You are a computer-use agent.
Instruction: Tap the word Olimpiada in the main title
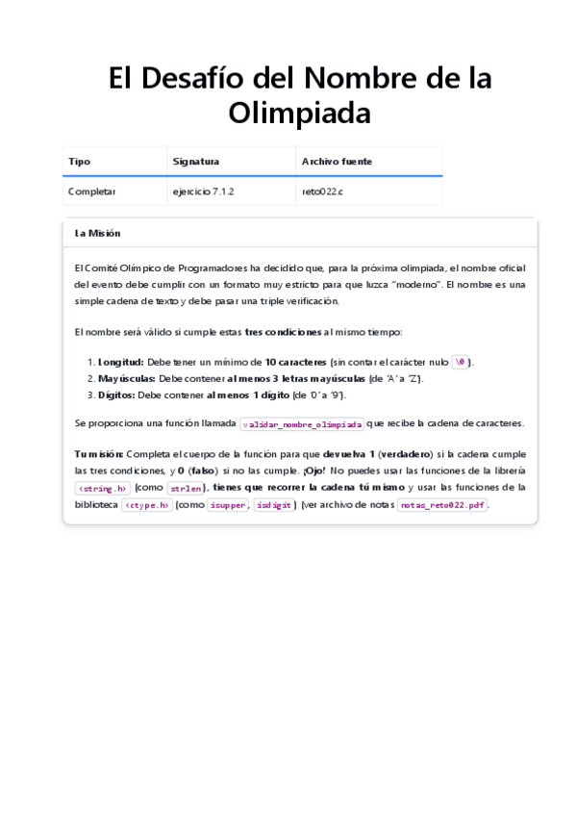click(x=299, y=113)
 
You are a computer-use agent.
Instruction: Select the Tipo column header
click(x=79, y=162)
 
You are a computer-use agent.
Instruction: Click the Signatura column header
click(x=195, y=162)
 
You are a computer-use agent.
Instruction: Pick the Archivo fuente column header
click(x=337, y=162)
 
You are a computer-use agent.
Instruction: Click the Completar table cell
click(x=91, y=191)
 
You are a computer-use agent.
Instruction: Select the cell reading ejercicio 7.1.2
click(x=203, y=191)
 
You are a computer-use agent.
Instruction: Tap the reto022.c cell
click(x=322, y=191)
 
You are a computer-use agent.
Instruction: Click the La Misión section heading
click(x=97, y=233)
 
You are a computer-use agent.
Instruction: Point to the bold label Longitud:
click(x=121, y=362)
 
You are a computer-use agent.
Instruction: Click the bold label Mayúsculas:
click(x=127, y=378)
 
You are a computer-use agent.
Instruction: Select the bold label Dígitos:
click(x=117, y=395)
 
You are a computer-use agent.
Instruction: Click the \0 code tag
click(x=462, y=363)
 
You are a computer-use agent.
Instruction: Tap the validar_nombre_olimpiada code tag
click(x=302, y=424)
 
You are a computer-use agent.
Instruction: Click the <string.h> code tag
click(x=102, y=488)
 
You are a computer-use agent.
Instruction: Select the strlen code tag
click(x=185, y=488)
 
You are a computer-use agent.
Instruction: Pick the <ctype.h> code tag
click(x=146, y=505)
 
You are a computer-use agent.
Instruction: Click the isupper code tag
click(x=227, y=505)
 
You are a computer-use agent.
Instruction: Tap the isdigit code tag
click(x=274, y=505)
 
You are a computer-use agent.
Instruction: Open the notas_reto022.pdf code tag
click(x=442, y=505)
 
